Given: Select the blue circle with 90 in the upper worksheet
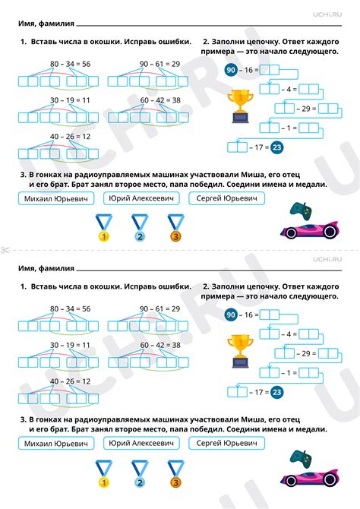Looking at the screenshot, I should coord(232,69).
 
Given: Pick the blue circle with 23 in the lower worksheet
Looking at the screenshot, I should coord(276,392).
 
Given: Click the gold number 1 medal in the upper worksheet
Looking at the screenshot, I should coord(102,227).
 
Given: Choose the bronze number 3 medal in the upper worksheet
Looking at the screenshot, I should coord(175,227).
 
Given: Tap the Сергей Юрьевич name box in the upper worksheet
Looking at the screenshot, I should coord(223,199).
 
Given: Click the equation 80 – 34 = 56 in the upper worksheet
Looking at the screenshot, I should coord(70,64).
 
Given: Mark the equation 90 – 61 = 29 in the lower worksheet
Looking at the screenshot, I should coord(159,308).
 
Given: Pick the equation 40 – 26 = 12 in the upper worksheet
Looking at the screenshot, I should coord(70,136).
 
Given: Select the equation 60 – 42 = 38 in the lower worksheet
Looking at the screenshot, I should coord(159,344).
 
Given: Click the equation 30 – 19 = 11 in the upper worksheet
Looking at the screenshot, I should coord(70,100).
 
